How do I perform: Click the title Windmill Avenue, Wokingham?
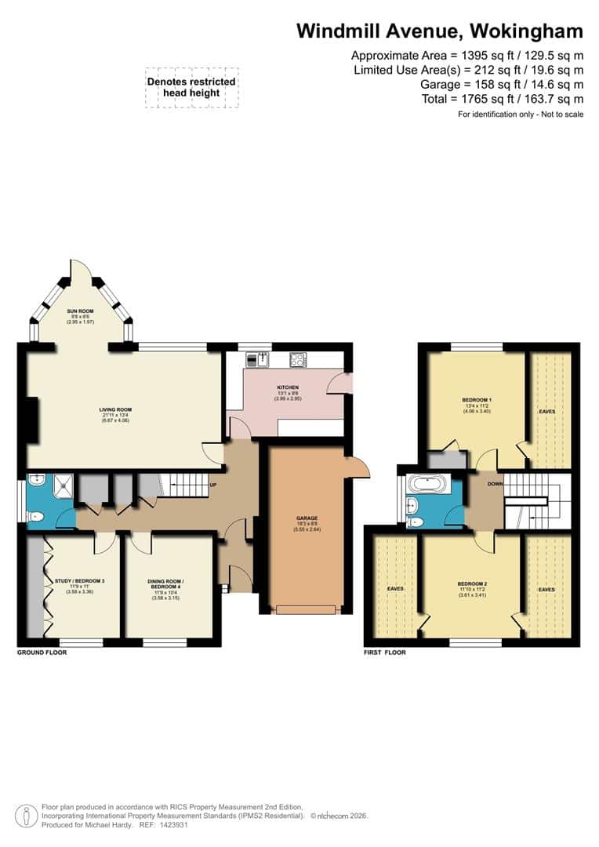tap(439, 31)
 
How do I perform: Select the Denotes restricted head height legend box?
tap(191, 88)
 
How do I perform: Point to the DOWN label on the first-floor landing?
tap(495, 484)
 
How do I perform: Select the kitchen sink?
tap(257, 360)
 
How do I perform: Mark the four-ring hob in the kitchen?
tap(298, 360)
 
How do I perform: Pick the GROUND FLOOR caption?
tap(42, 653)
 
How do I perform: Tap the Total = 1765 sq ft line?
tap(481, 99)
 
